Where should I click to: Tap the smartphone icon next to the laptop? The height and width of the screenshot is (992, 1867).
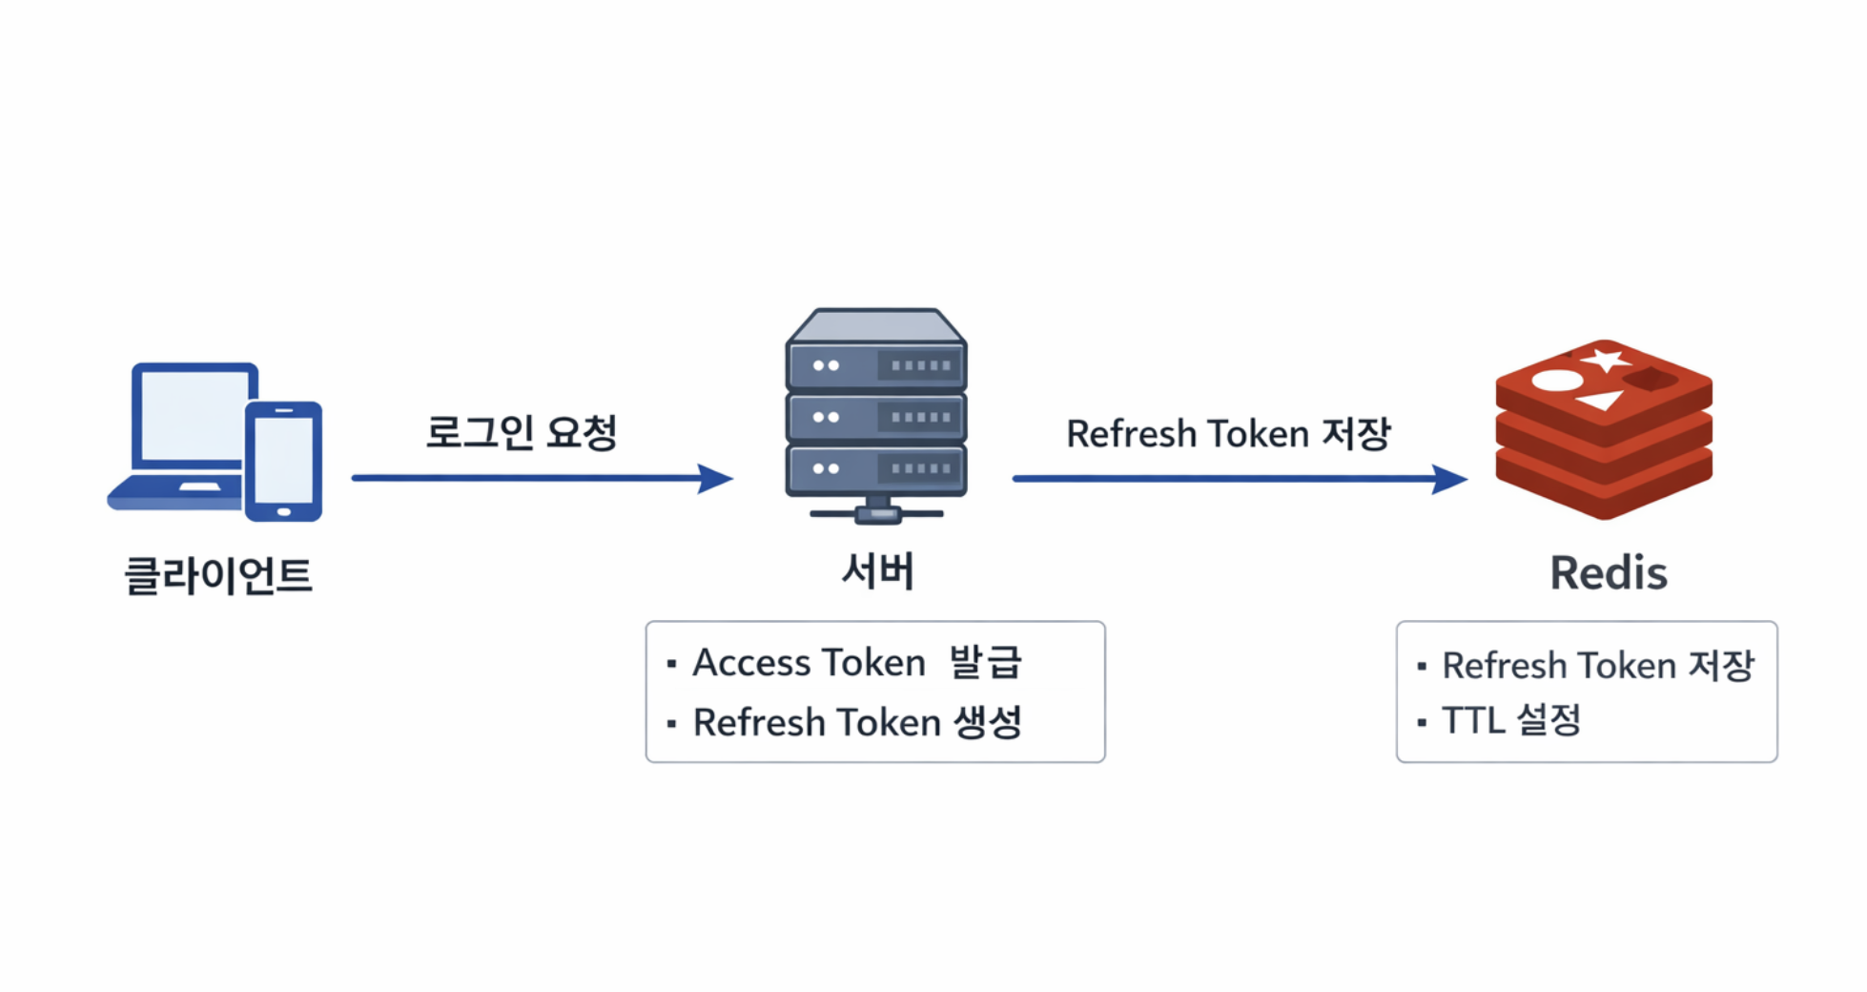283,462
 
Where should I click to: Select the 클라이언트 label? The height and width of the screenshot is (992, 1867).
218,575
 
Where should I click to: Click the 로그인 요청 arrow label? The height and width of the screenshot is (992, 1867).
522,432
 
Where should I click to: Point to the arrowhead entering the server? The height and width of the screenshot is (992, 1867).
716,478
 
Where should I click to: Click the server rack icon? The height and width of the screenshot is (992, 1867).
876,416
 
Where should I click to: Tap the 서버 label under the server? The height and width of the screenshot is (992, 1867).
878,571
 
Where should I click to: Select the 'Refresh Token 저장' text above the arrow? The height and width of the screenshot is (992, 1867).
1229,433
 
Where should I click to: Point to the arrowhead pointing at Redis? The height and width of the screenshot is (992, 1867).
1450,479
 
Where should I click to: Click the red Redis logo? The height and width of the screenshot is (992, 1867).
1604,429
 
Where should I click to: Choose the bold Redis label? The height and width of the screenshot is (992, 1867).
1609,573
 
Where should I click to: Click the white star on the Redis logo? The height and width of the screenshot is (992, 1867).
1607,360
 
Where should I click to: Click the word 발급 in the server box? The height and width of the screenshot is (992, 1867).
986,661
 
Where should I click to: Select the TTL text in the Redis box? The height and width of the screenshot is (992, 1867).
1473,720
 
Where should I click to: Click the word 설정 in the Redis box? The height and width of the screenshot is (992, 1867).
1549,719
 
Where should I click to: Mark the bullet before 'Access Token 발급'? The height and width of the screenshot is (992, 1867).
672,663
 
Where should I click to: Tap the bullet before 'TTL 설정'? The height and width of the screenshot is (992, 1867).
1422,722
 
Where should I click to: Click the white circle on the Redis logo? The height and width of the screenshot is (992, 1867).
1557,381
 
